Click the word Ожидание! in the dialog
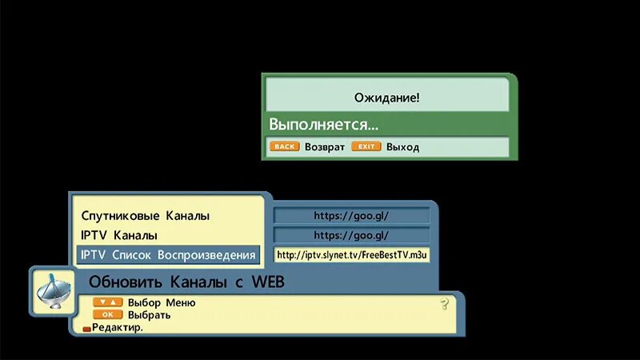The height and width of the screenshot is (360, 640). (386, 98)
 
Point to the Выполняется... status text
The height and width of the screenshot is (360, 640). (323, 125)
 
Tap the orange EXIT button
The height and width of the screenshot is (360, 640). (366, 147)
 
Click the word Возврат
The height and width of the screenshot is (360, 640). (324, 147)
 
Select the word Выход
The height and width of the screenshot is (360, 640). (402, 147)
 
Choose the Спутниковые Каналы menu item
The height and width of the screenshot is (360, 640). (145, 216)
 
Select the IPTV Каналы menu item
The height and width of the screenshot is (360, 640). (119, 236)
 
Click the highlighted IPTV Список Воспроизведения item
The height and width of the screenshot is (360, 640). (168, 255)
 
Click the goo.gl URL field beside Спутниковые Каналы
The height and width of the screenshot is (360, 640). (351, 216)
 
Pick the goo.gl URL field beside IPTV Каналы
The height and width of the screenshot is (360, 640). (351, 236)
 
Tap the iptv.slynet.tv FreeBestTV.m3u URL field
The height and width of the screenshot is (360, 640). (351, 255)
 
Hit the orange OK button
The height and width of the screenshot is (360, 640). (108, 314)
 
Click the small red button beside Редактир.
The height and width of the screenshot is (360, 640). (86, 328)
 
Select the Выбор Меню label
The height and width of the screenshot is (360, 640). (161, 303)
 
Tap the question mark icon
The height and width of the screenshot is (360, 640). (445, 305)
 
